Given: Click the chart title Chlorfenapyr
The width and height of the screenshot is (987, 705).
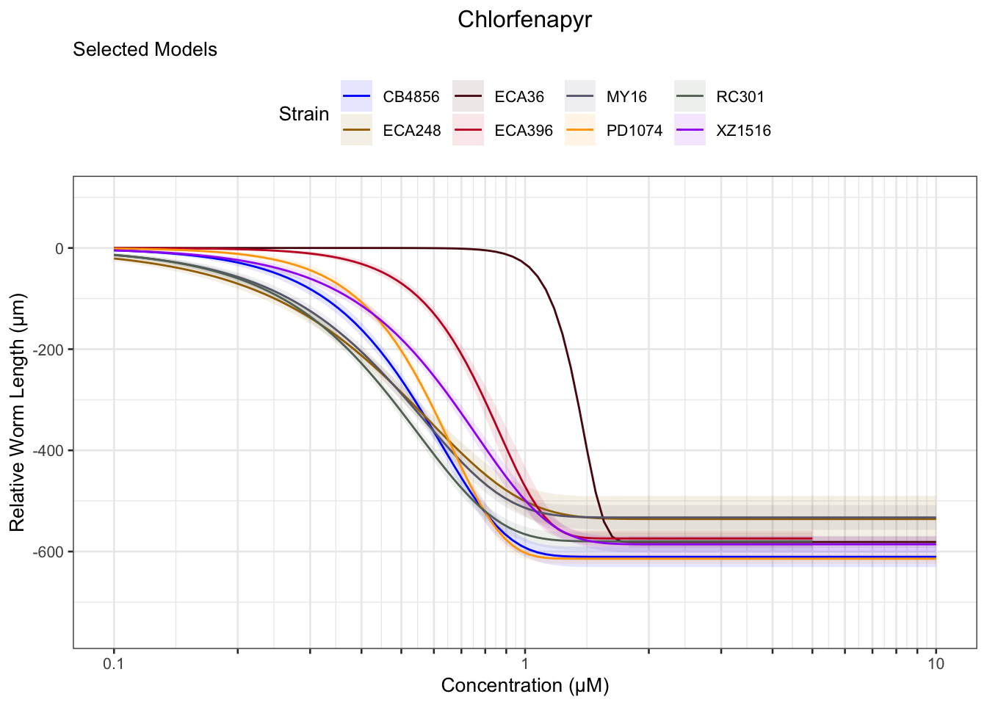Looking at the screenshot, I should [524, 20].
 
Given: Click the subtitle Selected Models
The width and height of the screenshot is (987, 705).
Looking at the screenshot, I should [145, 50].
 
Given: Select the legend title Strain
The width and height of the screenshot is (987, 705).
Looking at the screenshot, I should [303, 114].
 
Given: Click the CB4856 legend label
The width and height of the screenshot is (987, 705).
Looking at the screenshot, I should [411, 97].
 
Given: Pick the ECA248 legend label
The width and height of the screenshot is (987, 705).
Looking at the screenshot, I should [411, 131].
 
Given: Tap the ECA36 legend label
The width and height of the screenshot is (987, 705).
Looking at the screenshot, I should [519, 97].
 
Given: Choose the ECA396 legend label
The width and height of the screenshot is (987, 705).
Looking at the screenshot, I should [523, 131].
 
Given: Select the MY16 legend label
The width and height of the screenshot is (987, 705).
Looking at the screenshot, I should [626, 97].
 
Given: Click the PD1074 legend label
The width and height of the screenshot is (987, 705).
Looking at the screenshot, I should [634, 131].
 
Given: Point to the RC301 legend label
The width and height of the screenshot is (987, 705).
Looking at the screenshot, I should [740, 97].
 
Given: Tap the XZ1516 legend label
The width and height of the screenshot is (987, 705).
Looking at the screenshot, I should [743, 131].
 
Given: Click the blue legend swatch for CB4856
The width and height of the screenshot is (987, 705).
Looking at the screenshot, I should [356, 97].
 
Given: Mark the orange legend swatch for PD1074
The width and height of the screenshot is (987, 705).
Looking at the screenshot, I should [579, 131].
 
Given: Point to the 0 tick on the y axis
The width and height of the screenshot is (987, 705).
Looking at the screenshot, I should [59, 249].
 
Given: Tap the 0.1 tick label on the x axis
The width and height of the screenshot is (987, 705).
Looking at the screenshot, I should [114, 665].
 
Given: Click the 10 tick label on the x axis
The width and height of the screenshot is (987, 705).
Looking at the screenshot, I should [935, 665].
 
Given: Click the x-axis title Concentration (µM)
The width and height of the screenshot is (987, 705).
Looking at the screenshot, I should [524, 686].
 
